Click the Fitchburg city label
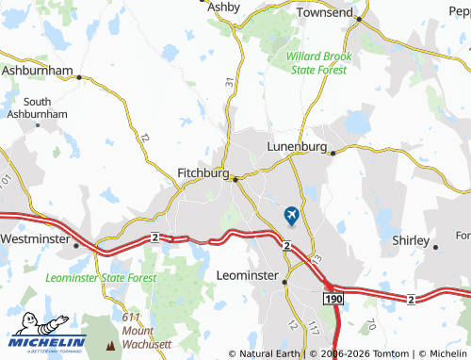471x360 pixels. click(x=203, y=173)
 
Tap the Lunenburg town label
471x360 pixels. click(x=297, y=147)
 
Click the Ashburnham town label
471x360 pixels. click(x=38, y=70)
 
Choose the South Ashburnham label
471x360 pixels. click(x=38, y=107)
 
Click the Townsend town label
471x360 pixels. click(x=325, y=13)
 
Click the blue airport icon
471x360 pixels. click(x=291, y=216)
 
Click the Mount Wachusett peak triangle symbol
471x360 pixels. click(x=111, y=345)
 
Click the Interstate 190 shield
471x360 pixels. click(x=330, y=298)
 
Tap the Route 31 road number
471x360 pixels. click(x=229, y=84)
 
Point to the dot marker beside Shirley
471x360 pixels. click(x=435, y=247)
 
